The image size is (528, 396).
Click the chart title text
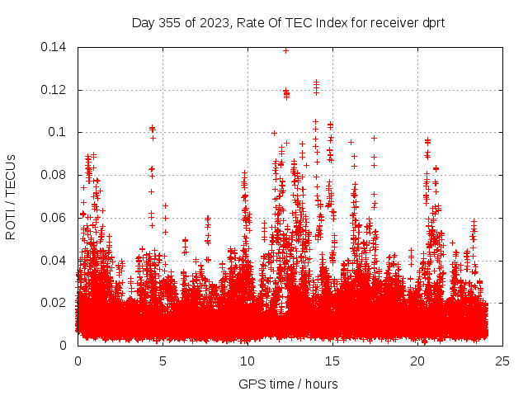point(288,22)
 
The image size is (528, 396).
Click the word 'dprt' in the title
point(431,22)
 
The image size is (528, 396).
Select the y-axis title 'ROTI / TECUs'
point(12,196)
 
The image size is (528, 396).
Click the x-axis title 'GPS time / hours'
point(288,384)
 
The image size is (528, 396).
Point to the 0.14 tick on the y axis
point(56,47)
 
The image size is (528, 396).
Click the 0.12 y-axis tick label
point(56,90)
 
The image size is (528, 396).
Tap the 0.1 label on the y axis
point(59,132)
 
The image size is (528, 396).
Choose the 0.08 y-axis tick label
point(56,175)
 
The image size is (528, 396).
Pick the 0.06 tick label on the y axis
point(56,218)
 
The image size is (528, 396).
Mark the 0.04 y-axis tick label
point(56,260)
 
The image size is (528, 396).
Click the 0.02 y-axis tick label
point(56,303)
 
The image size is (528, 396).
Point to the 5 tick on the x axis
point(163,361)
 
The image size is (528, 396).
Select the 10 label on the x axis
point(247,361)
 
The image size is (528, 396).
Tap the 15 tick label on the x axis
point(332,361)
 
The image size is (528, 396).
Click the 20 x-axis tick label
point(417,361)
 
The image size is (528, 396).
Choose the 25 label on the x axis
point(502,361)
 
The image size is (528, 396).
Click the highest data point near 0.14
point(286,50)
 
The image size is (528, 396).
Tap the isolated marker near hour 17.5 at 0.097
point(374,138)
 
